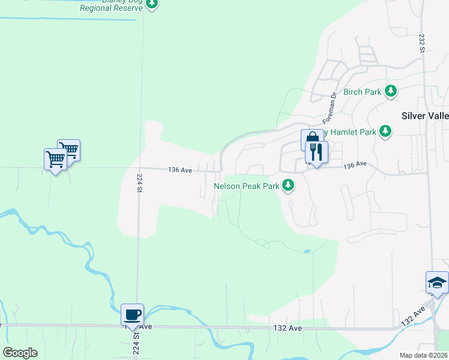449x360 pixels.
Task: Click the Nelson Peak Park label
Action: coord(247,186)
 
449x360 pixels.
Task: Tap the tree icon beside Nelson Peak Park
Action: coord(289,185)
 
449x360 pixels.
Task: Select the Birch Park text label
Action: coord(363,92)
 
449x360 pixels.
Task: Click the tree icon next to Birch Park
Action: coord(391,91)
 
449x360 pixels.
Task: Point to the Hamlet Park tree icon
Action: coord(385,131)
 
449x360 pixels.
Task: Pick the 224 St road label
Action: coord(139,183)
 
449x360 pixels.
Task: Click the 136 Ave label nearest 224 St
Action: coord(180,170)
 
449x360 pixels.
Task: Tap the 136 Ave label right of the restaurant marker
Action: coord(354,164)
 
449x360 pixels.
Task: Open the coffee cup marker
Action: coord(132,314)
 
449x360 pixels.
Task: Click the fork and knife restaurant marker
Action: coord(316,152)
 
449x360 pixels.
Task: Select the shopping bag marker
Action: coord(309,140)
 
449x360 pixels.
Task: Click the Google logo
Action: coord(20,353)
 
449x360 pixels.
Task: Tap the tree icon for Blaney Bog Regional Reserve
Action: coord(152,3)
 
